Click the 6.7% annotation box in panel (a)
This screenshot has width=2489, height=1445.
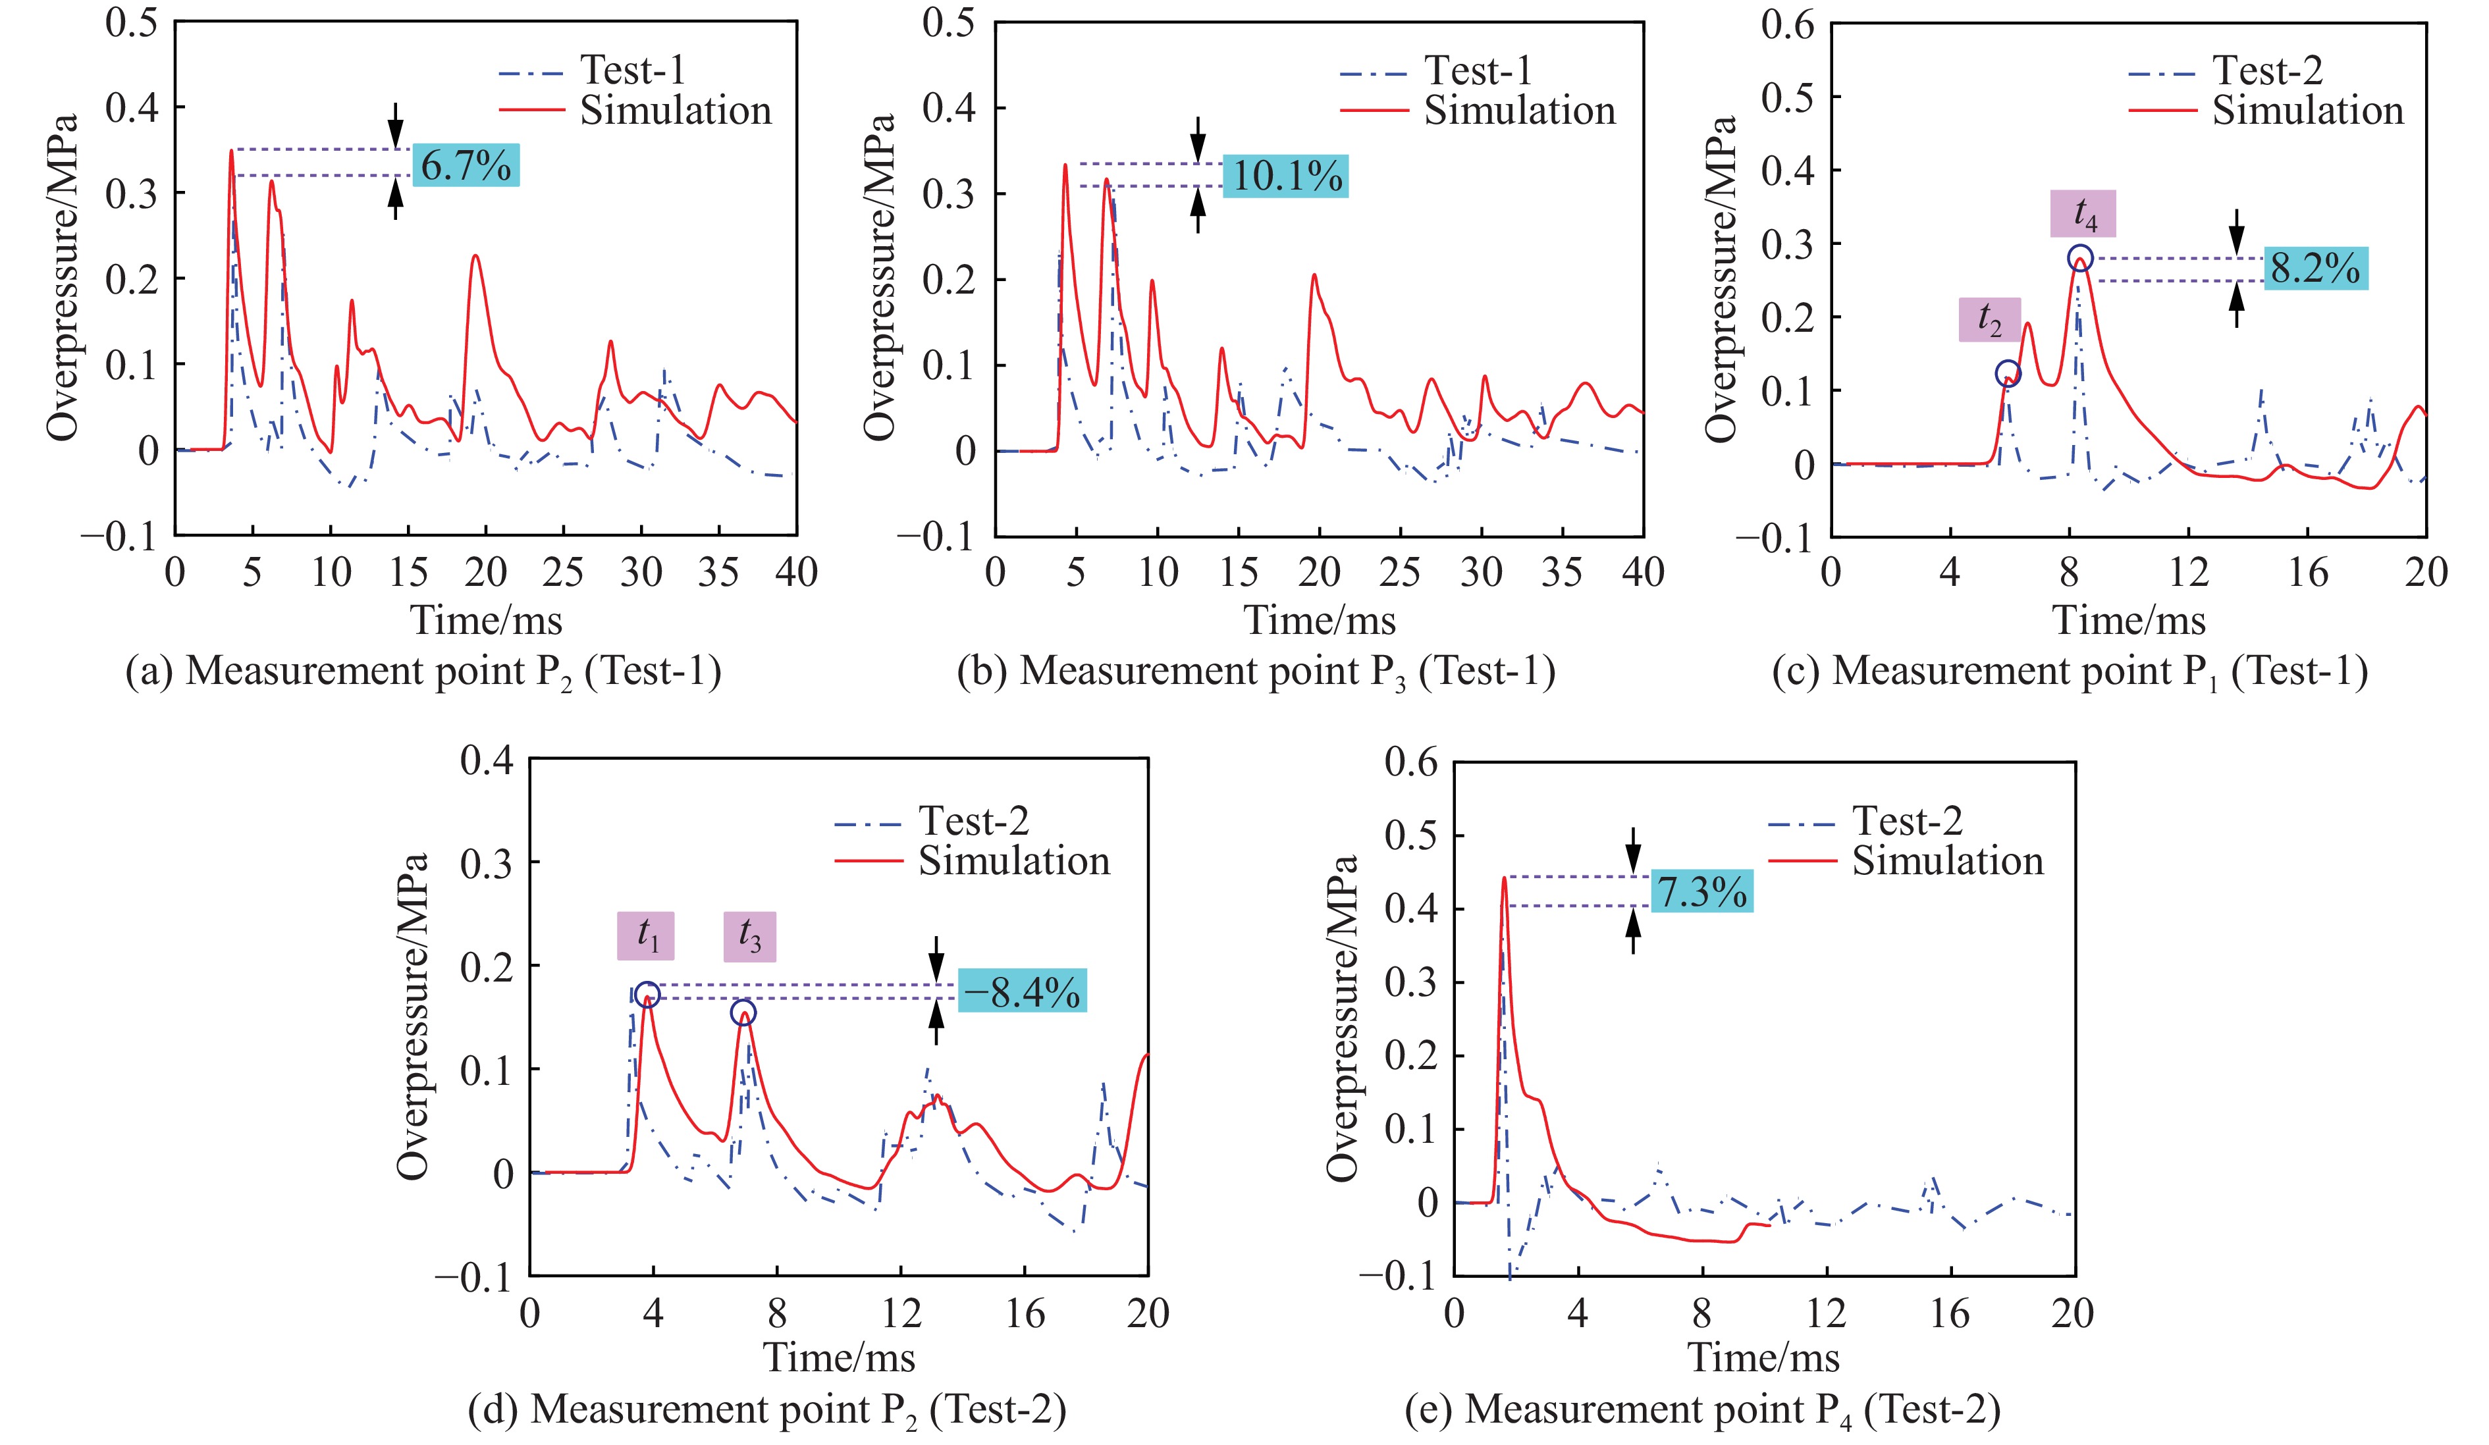[465, 165]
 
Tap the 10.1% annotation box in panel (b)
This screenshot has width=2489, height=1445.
[1285, 176]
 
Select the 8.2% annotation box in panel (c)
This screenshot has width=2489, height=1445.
[2314, 268]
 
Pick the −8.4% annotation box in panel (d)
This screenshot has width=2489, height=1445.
[1021, 991]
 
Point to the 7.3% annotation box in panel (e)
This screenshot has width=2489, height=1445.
[1701, 892]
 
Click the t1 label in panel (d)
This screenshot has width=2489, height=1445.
[646, 935]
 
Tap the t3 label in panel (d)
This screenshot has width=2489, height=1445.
[749, 936]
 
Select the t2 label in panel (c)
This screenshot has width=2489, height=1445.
[1989, 319]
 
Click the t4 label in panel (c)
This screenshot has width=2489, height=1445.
[2082, 213]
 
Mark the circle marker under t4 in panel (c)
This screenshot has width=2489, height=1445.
[2080, 259]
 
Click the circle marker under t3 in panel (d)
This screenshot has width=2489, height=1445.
[743, 1012]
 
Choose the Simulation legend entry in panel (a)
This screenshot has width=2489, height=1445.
[674, 111]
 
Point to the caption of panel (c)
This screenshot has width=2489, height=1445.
[2070, 671]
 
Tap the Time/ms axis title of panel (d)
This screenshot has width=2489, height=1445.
[839, 1357]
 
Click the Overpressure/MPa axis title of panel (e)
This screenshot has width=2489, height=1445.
[1342, 1017]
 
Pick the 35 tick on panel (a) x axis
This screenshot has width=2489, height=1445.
[718, 573]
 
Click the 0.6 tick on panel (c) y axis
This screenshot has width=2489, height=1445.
[1788, 25]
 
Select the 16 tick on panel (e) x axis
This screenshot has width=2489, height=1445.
[1950, 1313]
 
